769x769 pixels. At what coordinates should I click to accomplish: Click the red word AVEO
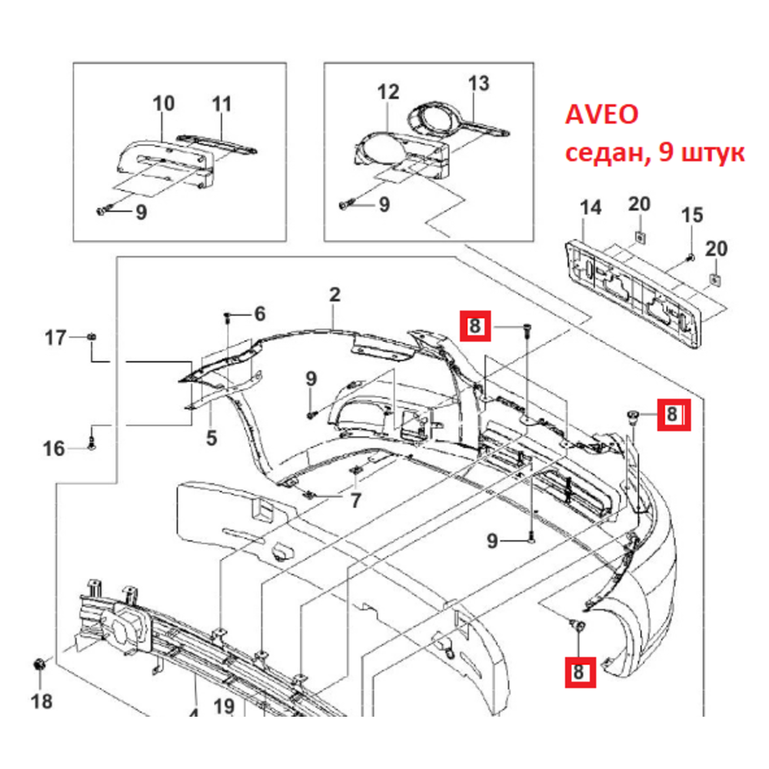[602, 116]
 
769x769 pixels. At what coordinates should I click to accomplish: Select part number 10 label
[164, 104]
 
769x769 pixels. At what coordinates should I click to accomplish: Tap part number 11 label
[221, 104]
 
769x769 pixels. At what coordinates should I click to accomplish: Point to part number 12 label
[388, 93]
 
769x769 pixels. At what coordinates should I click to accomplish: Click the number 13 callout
[478, 84]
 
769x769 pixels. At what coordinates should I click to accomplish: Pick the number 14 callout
[590, 208]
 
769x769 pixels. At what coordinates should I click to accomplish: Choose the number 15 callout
[692, 215]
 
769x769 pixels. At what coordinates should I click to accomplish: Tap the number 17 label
[55, 337]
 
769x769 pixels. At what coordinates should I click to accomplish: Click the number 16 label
[54, 448]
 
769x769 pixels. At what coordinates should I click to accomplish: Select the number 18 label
[41, 701]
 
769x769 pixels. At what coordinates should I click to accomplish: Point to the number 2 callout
[335, 295]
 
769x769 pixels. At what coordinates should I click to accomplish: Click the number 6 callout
[259, 314]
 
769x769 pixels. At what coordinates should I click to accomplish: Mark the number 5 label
[211, 439]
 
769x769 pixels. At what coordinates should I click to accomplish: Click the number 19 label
[224, 705]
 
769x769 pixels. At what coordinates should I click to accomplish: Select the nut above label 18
[38, 665]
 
